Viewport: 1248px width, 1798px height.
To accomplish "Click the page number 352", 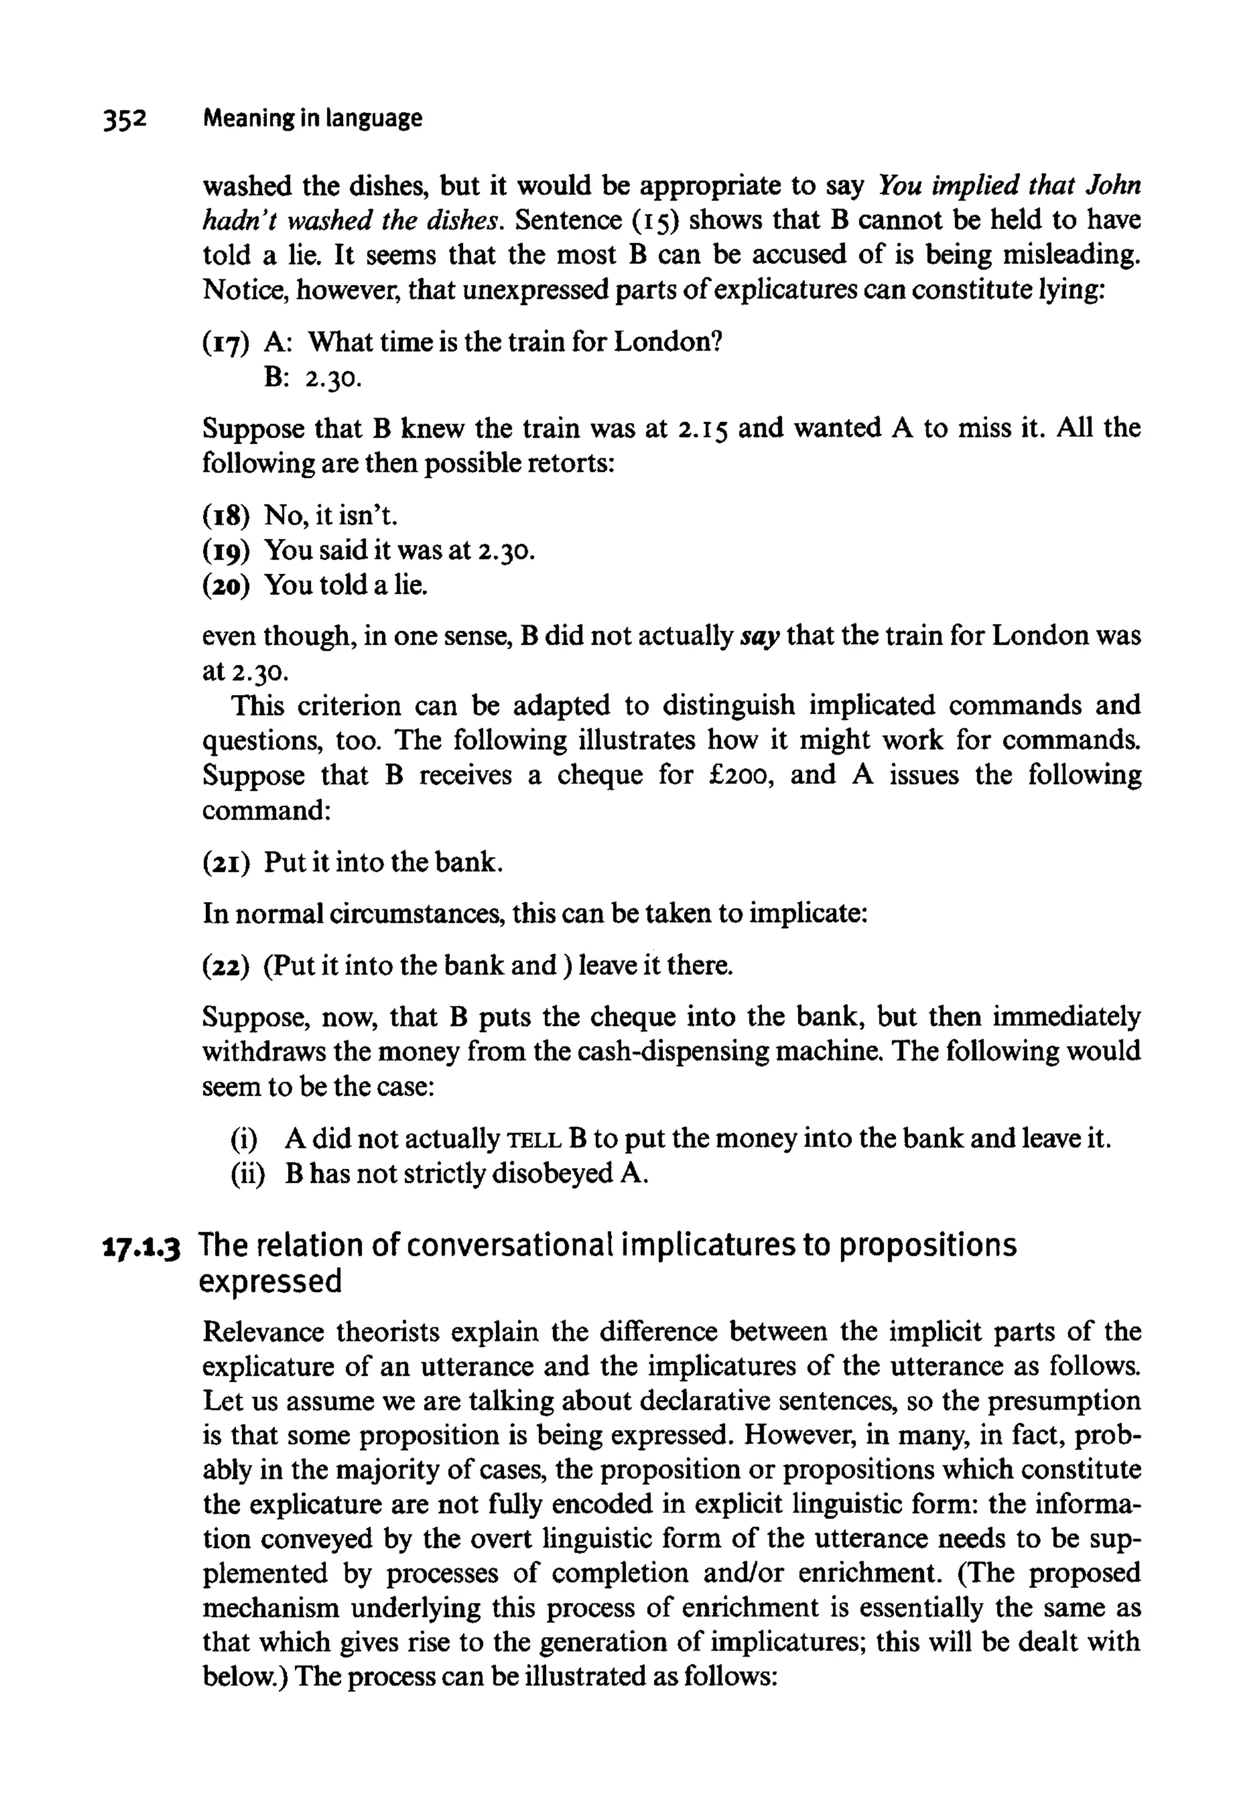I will point(124,119).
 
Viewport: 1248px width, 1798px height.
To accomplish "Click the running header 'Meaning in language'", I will point(312,118).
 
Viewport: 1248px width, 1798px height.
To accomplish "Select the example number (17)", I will point(226,343).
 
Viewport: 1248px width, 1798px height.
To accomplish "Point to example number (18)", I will point(226,516).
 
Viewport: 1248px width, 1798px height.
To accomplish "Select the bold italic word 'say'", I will point(762,636).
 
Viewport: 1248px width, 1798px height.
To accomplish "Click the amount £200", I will point(741,775).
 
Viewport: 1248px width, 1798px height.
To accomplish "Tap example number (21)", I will point(226,862).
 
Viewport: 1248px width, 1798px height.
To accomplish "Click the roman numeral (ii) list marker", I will point(248,1174).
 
